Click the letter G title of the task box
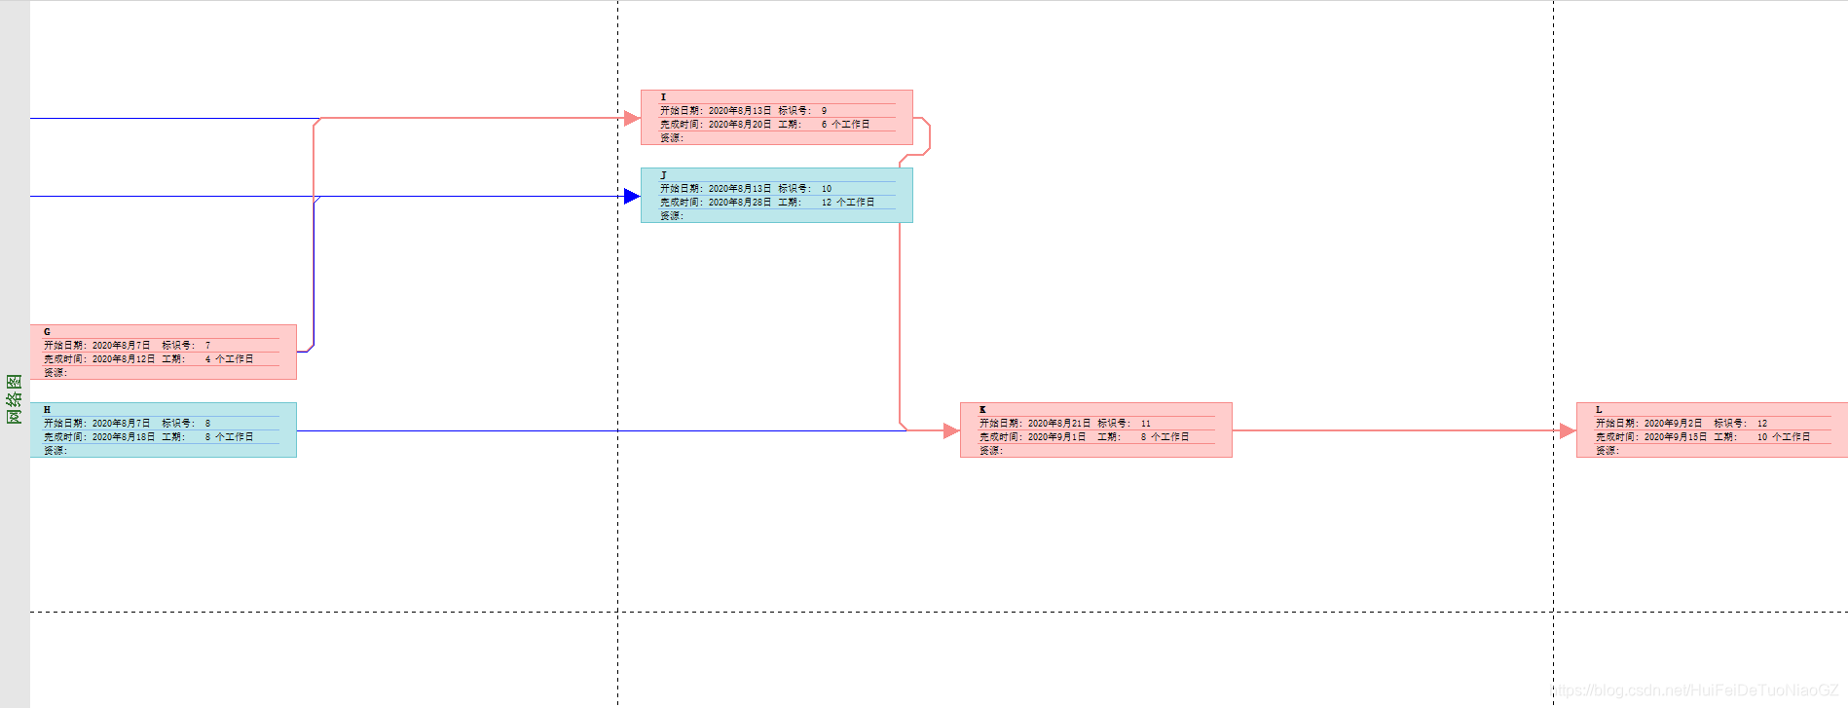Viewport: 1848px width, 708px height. pyautogui.click(x=47, y=332)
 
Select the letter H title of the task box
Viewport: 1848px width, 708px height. pyautogui.click(x=47, y=410)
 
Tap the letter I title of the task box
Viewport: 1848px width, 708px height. pyautogui.click(x=664, y=97)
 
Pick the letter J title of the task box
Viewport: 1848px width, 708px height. pyautogui.click(x=664, y=175)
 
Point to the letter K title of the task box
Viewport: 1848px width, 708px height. pyautogui.click(x=982, y=410)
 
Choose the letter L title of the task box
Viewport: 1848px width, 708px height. pyautogui.click(x=1599, y=410)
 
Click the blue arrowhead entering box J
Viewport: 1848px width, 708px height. pyautogui.click(x=632, y=197)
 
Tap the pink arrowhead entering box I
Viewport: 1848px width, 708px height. pyautogui.click(x=632, y=118)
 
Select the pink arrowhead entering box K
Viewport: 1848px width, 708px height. pyautogui.click(x=951, y=430)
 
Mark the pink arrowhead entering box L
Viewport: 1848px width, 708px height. pyautogui.click(x=1567, y=430)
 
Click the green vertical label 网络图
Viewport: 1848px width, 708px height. pyautogui.click(x=15, y=399)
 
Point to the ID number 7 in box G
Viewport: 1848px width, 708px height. pyautogui.click(x=207, y=346)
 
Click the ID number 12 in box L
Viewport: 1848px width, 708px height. pyautogui.click(x=1762, y=424)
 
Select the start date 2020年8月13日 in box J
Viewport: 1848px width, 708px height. pyautogui.click(x=740, y=189)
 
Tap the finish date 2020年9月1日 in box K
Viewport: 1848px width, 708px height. pyautogui.click(x=1057, y=437)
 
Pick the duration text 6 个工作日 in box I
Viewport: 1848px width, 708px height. pyautogui.click(x=845, y=125)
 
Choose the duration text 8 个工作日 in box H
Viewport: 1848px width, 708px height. pyautogui.click(x=229, y=437)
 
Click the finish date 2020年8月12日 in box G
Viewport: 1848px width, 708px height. pyautogui.click(x=124, y=359)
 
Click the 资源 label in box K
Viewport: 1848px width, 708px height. pyautogui.click(x=990, y=451)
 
